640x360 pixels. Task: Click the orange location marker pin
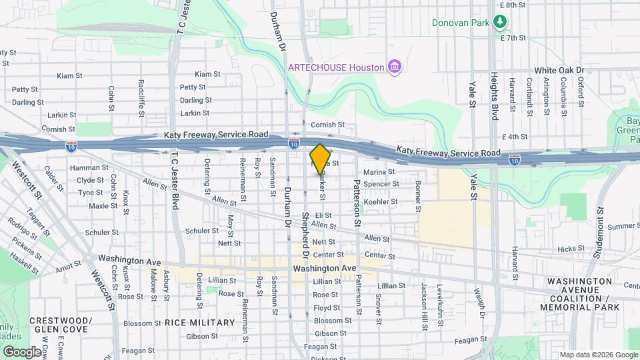point(320,159)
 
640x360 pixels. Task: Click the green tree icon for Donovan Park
point(499,22)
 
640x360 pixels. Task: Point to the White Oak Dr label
point(559,70)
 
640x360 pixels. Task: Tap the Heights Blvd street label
point(494,96)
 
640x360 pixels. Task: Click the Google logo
point(22,351)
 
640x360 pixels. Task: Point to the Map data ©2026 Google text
point(597,355)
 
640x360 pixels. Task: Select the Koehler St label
point(381,201)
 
